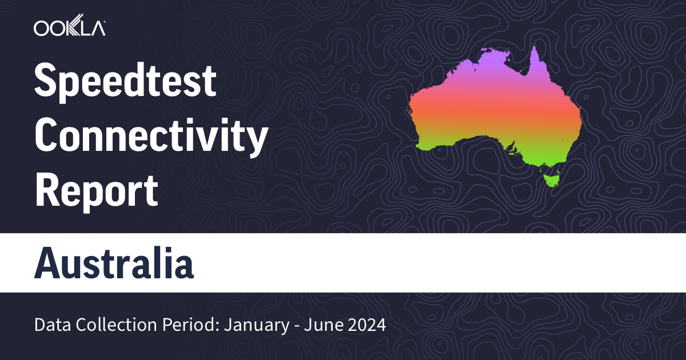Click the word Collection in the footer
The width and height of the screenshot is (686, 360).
(x=102, y=326)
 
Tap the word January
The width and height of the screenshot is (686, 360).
(x=249, y=326)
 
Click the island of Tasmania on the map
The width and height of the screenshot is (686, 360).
(x=552, y=179)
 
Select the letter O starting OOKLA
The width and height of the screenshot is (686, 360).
(x=41, y=28)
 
